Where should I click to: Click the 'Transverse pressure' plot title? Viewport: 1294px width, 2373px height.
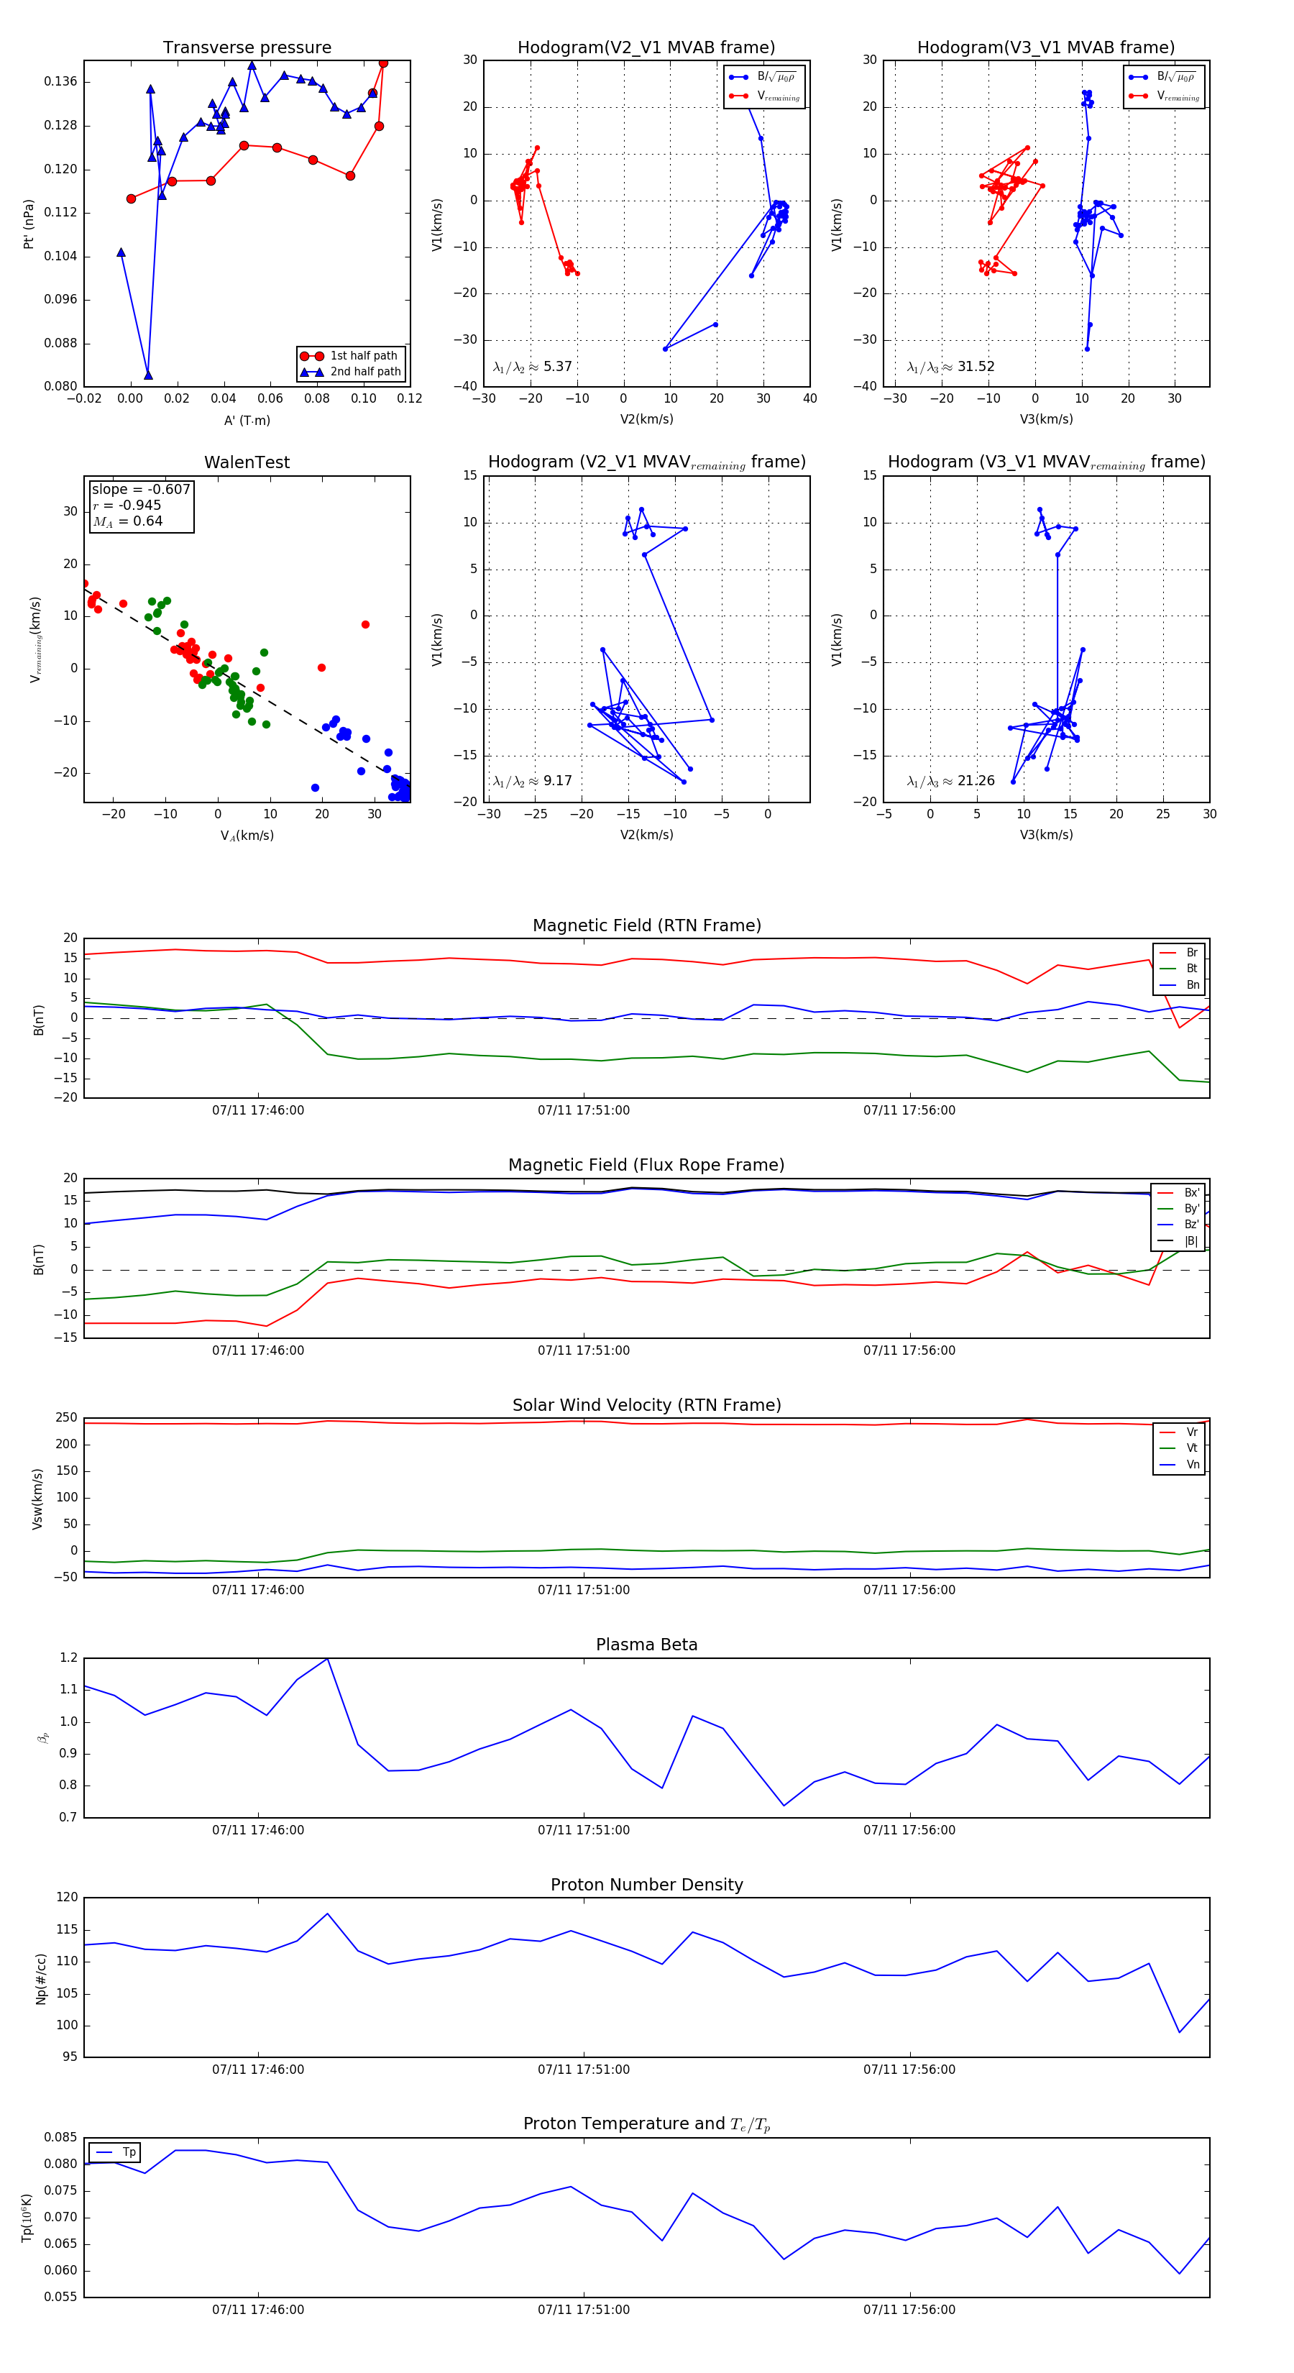click(x=247, y=48)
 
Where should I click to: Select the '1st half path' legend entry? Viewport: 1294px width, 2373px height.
click(x=363, y=355)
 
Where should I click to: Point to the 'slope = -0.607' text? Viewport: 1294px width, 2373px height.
click(x=141, y=489)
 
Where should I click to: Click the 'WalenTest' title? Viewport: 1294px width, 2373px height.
click(x=247, y=462)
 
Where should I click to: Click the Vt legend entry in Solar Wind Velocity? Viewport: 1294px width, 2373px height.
click(x=1192, y=1448)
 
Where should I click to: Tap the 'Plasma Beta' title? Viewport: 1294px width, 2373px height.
click(x=646, y=1645)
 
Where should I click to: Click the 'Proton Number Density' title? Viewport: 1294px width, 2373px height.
click(x=646, y=1885)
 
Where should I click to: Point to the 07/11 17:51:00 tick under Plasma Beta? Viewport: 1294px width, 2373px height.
click(x=584, y=1830)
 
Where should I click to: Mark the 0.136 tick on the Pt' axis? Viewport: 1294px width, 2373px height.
click(x=61, y=82)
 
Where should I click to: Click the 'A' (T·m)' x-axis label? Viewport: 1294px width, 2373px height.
click(x=247, y=420)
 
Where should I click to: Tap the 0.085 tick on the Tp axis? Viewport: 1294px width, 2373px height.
click(x=61, y=2137)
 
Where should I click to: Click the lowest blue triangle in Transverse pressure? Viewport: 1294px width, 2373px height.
click(x=148, y=375)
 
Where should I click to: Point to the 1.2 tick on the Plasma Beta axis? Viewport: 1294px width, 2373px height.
click(x=68, y=1658)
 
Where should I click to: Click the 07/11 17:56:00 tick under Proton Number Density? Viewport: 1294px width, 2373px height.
click(x=909, y=2070)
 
